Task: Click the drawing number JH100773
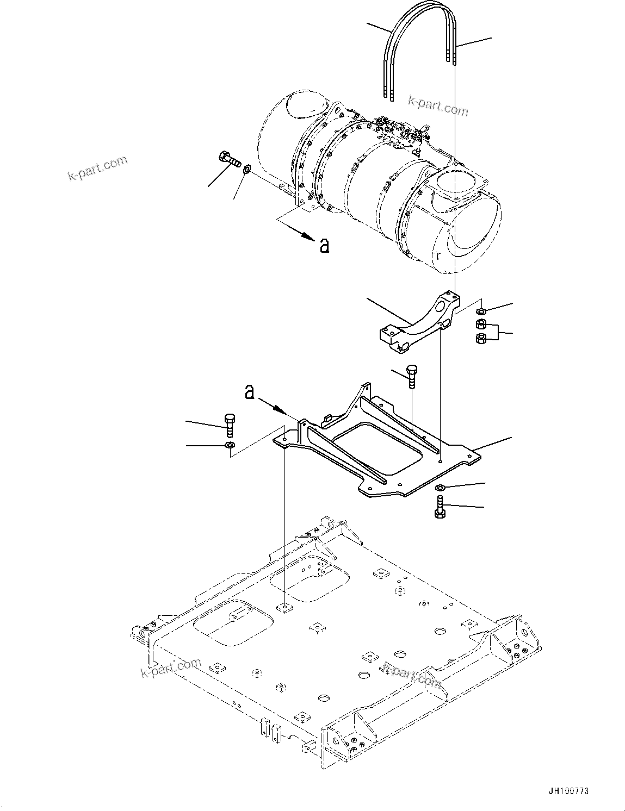click(568, 791)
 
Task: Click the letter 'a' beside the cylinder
click(324, 247)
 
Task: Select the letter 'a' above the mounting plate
click(250, 392)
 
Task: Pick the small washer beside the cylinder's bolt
click(246, 170)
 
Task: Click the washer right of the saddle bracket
click(481, 312)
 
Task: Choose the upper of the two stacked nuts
click(481, 325)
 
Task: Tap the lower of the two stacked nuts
click(481, 339)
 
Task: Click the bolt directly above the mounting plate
click(412, 376)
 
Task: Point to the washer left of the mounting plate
click(230, 446)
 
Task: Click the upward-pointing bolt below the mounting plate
click(440, 507)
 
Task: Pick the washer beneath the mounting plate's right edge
click(440, 488)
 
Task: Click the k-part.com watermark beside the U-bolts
click(438, 105)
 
